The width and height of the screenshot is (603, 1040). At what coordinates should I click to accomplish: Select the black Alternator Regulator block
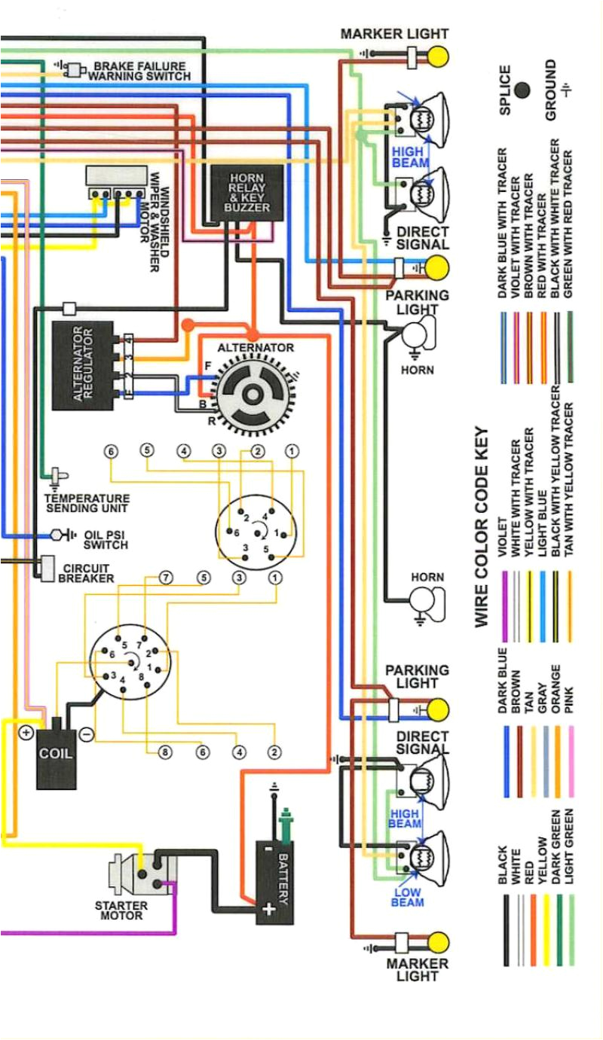(82, 365)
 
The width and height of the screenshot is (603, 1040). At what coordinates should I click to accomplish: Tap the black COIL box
(57, 754)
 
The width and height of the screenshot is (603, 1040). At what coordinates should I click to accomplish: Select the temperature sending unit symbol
(57, 476)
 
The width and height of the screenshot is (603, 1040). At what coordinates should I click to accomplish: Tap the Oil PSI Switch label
(106, 539)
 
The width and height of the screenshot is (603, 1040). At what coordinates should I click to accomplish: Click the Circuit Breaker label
(86, 573)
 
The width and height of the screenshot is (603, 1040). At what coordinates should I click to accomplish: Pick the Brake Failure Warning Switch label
(139, 72)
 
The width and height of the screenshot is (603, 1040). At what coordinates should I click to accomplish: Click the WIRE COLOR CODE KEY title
(482, 527)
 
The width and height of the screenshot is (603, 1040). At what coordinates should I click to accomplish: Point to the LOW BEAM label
(407, 897)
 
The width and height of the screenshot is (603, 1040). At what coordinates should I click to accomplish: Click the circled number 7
(165, 578)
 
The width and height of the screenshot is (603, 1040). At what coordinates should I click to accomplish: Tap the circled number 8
(164, 752)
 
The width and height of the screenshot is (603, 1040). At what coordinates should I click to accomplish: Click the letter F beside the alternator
(207, 365)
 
